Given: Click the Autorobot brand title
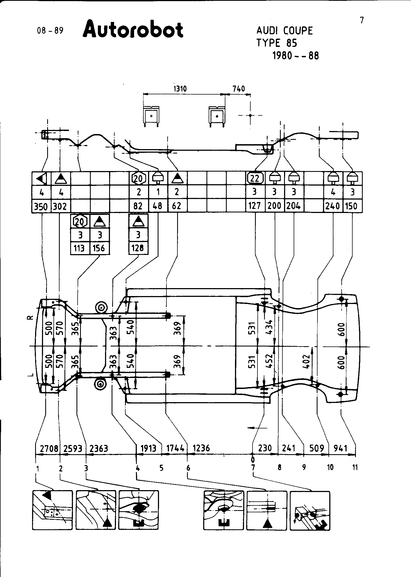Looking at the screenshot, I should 133,30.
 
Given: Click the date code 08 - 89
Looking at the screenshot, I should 50,30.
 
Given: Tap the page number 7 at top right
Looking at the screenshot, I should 362,20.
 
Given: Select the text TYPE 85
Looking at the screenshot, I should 277,43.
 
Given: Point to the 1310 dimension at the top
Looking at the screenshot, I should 180,89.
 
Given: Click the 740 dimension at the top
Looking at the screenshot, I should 239,89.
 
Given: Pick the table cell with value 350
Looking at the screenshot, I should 41,206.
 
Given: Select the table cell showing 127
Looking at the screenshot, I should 255,206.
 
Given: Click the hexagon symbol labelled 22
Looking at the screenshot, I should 255,178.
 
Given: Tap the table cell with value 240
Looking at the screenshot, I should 333,206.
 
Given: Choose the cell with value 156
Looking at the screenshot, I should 99,248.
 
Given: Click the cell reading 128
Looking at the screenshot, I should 138,248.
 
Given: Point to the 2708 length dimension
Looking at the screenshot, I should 49,448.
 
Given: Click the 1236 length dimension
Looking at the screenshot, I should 201,448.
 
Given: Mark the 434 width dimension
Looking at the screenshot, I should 270,327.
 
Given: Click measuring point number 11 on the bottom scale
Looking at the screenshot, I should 355,467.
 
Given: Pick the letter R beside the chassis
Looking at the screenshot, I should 30,317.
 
